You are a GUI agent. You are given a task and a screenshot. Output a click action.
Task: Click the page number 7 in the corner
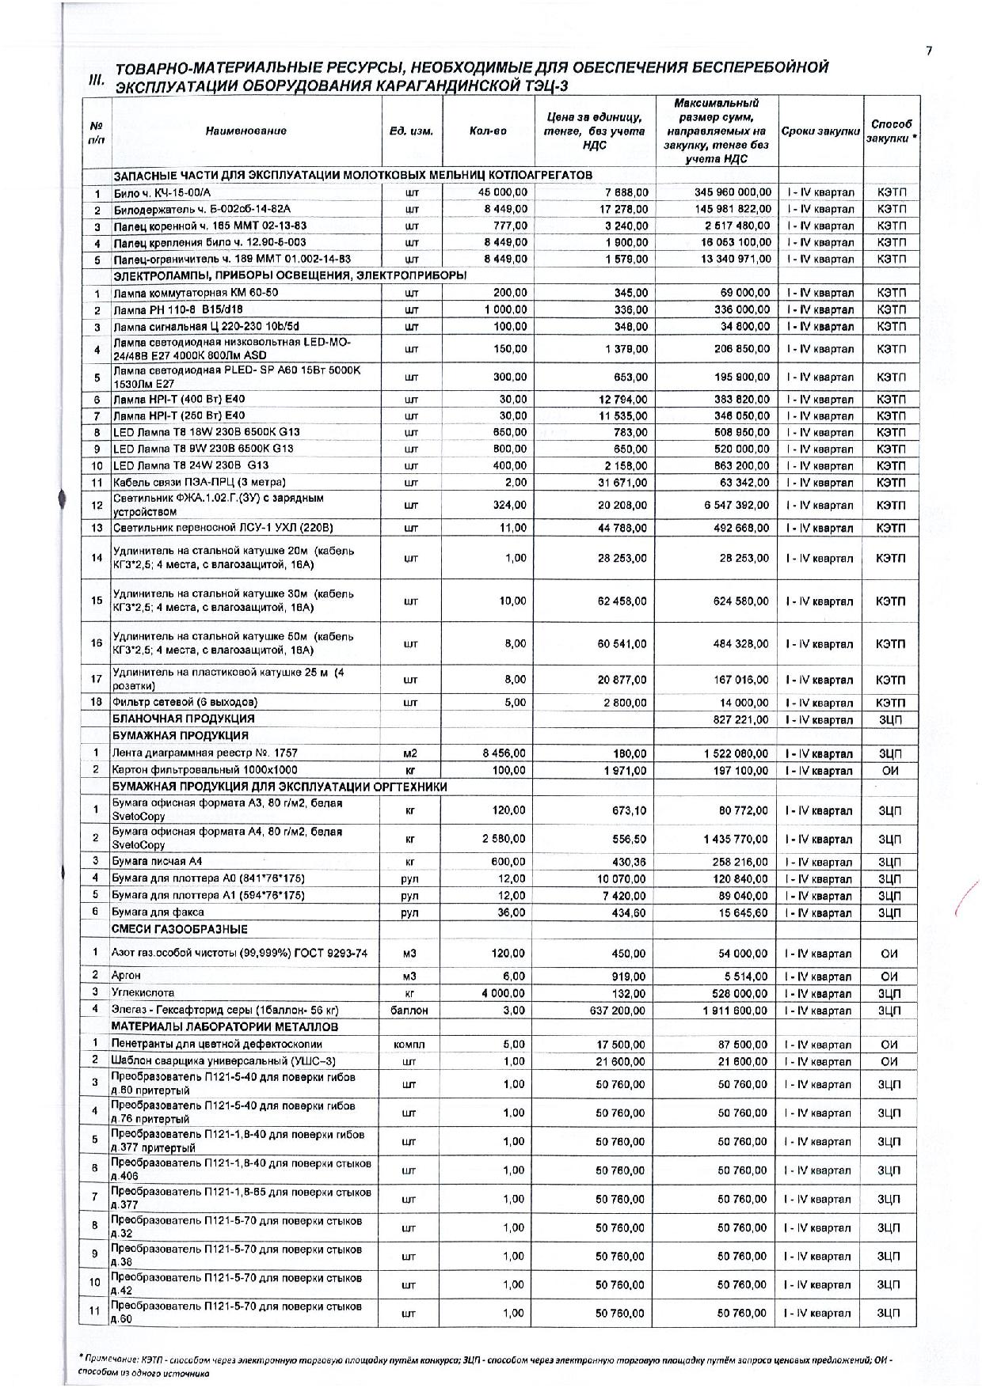[929, 51]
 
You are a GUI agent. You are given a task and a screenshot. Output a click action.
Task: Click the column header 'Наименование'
[246, 131]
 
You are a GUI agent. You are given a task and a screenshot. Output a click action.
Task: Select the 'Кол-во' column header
[488, 131]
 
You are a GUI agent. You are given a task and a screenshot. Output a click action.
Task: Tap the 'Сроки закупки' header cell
[820, 131]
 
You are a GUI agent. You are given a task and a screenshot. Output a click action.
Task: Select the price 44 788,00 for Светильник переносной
[624, 528]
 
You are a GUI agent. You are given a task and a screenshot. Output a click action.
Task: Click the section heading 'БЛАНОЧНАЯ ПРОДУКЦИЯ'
[184, 719]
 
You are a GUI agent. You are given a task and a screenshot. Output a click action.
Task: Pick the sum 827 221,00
[741, 720]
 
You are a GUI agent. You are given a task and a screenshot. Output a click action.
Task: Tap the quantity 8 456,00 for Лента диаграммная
[504, 753]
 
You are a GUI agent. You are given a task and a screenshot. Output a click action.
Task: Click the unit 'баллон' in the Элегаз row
[409, 1011]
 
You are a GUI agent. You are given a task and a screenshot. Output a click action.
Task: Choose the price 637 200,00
[617, 1011]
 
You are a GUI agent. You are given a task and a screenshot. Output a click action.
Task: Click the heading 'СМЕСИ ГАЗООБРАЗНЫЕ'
[180, 929]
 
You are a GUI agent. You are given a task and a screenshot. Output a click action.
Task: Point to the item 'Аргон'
[127, 976]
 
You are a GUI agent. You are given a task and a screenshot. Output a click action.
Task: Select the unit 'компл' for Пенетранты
[409, 1045]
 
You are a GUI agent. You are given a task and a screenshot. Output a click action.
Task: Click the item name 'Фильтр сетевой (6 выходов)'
[185, 702]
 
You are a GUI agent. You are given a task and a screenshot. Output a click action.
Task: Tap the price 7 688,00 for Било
[626, 192]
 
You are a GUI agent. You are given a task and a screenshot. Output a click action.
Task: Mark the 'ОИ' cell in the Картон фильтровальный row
[889, 770]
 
